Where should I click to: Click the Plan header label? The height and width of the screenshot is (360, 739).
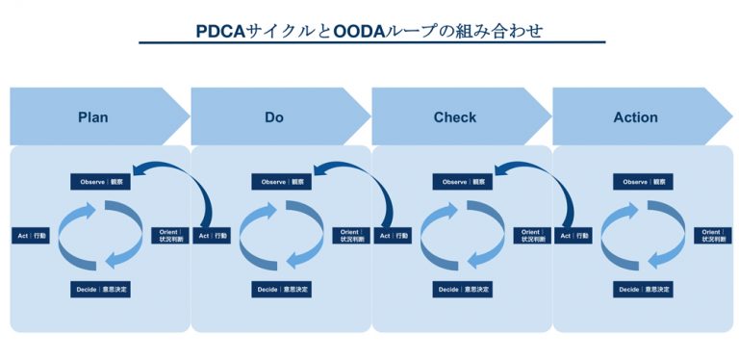(x=92, y=117)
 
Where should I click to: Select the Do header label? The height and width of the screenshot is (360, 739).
(x=274, y=117)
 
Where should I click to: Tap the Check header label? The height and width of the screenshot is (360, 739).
(x=455, y=117)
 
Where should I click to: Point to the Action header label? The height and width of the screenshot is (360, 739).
(x=635, y=117)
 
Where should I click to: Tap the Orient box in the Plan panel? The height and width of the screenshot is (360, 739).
(x=166, y=235)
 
